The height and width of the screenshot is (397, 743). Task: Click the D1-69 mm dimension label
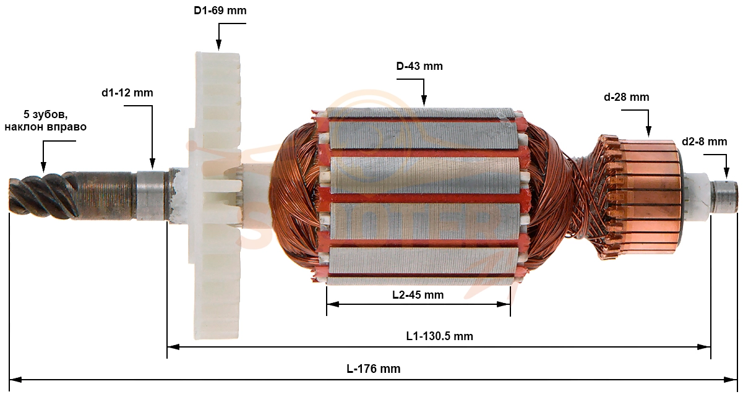(220, 11)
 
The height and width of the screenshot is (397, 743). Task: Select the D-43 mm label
(419, 66)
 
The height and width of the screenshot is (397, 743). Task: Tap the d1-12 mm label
(127, 93)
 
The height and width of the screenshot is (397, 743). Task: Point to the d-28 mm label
(627, 97)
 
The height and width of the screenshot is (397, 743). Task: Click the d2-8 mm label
(705, 142)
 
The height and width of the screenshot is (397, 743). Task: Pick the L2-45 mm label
(418, 295)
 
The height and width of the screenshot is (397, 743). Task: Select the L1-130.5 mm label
(439, 336)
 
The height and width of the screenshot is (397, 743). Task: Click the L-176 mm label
(374, 369)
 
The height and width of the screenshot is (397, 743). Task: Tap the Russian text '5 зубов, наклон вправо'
(45, 121)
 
